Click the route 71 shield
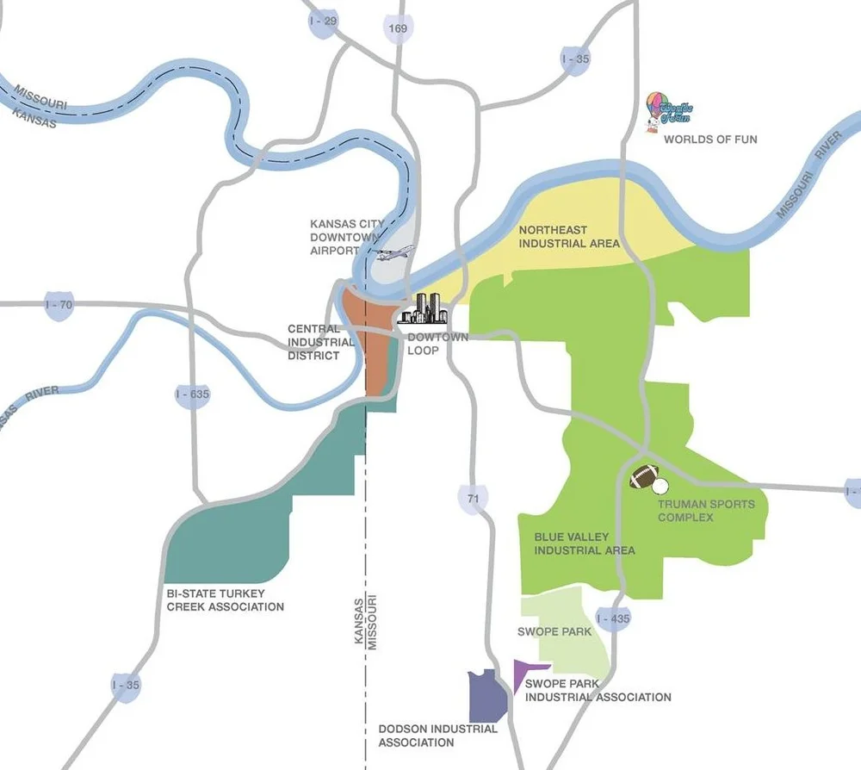tap(473, 499)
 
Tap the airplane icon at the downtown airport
tap(393, 253)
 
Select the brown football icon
tap(644, 476)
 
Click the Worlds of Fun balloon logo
tap(667, 112)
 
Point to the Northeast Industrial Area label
tap(568, 237)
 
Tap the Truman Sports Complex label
tap(705, 511)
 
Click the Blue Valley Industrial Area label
tap(585, 543)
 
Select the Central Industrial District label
tap(320, 342)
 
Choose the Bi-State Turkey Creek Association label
tap(225, 600)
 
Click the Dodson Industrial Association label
tap(438, 736)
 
